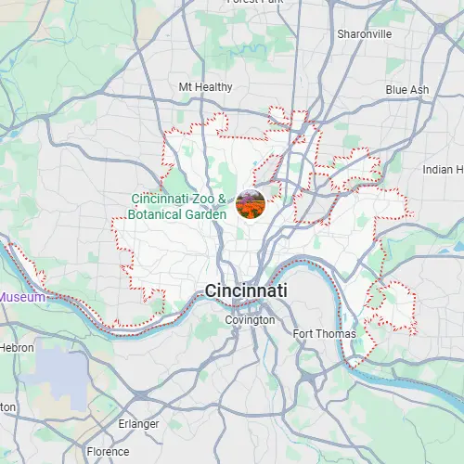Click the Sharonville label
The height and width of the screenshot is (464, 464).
click(x=365, y=34)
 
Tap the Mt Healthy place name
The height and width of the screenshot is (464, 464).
click(x=205, y=87)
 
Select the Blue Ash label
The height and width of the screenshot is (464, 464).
click(x=407, y=90)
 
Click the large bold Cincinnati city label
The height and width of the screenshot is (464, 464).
click(x=246, y=290)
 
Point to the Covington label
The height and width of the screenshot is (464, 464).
click(x=251, y=320)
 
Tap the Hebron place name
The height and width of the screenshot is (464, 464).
click(x=17, y=347)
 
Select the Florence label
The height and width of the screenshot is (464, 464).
click(x=108, y=452)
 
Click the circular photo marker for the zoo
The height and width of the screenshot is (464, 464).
click(x=251, y=204)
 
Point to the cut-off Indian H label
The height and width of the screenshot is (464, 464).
click(x=443, y=170)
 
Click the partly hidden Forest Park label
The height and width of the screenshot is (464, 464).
click(x=255, y=3)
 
